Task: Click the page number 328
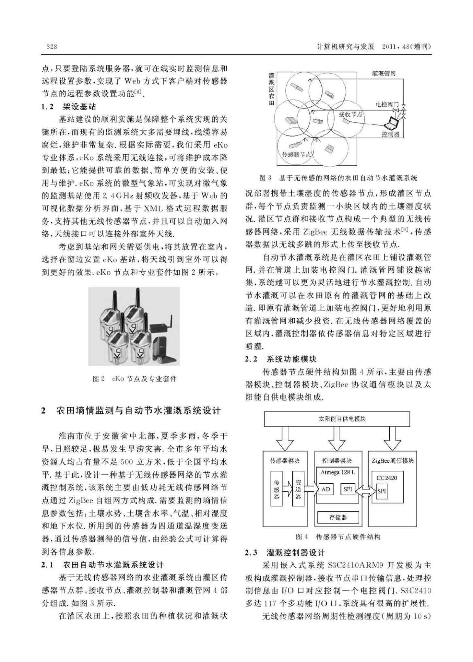(52, 47)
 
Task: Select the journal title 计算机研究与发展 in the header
(345, 47)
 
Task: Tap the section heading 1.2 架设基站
(69, 107)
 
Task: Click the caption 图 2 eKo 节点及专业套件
(135, 379)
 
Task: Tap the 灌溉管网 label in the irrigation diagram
(384, 74)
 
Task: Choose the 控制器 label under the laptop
(390, 134)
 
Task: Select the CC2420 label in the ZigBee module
(387, 478)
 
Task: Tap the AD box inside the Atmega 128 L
(325, 489)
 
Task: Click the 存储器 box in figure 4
(338, 517)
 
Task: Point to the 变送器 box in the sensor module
(298, 489)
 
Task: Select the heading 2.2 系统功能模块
(281, 359)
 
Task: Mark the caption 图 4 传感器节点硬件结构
(338, 537)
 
